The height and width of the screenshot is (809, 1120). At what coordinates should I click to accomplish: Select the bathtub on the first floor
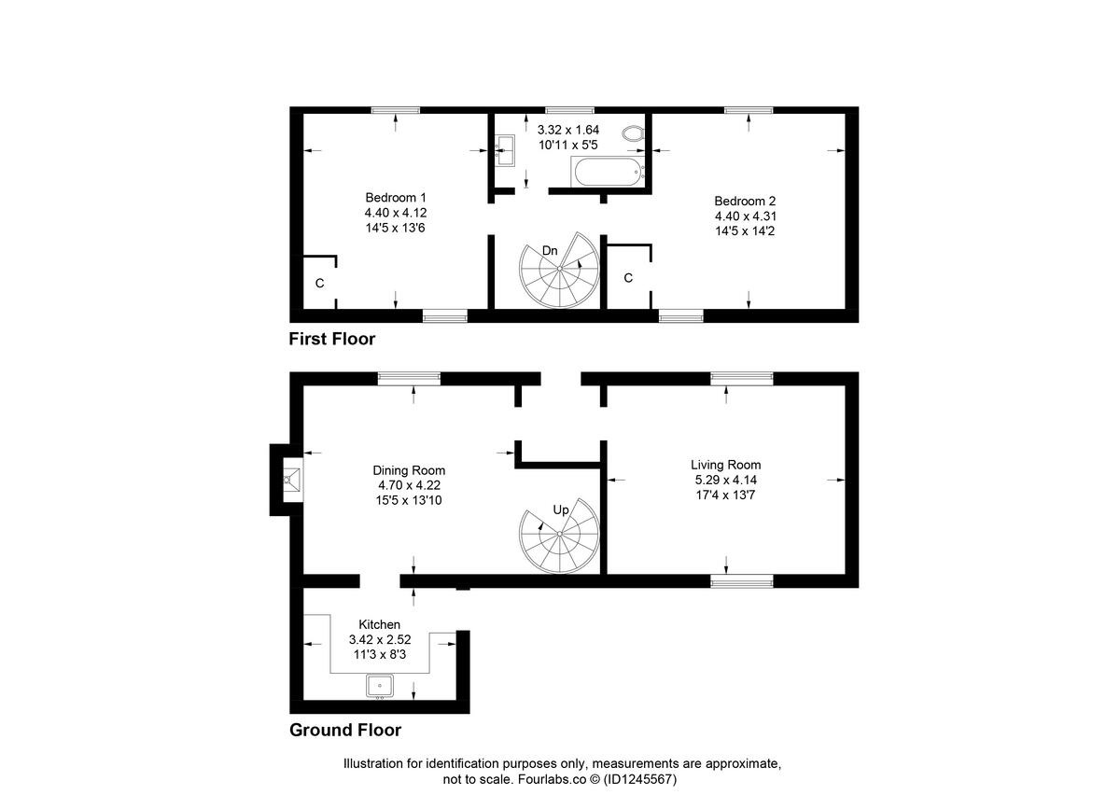point(608,173)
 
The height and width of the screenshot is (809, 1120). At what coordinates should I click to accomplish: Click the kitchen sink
point(380,687)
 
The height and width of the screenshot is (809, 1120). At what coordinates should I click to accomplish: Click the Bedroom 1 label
point(396,198)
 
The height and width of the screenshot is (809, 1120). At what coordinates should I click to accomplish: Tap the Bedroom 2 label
point(745,201)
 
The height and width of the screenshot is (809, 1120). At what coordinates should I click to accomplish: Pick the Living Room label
point(725,465)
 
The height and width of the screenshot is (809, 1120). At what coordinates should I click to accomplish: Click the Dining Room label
point(409,470)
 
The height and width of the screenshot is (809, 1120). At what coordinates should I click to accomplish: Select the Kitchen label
point(380,624)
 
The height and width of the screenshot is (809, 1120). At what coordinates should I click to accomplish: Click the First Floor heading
point(332,339)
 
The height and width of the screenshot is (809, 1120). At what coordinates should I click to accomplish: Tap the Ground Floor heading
point(345,730)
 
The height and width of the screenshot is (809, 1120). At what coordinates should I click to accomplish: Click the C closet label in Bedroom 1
point(319,282)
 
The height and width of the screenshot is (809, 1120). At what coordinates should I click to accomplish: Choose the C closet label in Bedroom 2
point(628,278)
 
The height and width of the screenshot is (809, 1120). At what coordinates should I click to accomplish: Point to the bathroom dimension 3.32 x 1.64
point(568,130)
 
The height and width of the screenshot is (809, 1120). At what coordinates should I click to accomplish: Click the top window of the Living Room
point(742,378)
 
